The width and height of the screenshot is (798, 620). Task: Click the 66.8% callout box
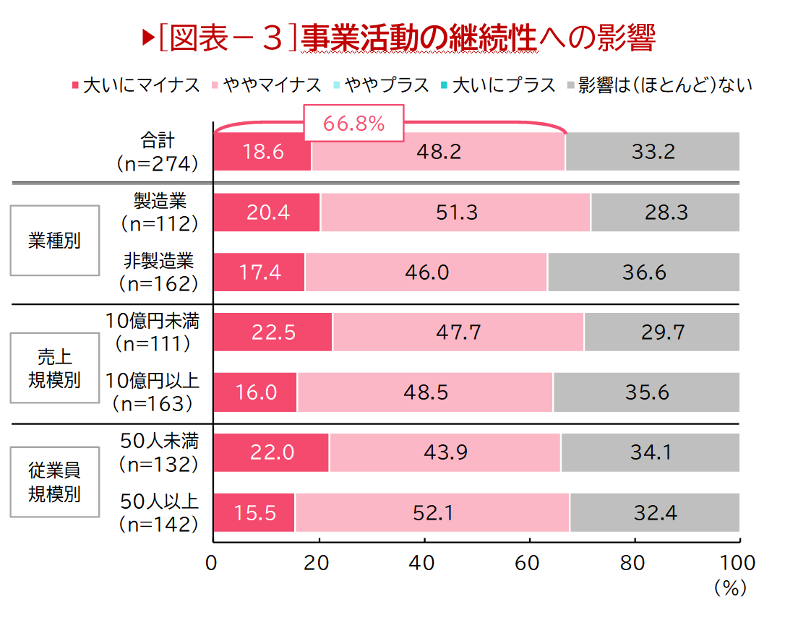[353, 124]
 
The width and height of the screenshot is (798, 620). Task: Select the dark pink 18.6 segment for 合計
[262, 152]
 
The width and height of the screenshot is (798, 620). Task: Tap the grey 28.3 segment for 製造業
[665, 212]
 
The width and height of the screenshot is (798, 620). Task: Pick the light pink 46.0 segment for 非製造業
[426, 272]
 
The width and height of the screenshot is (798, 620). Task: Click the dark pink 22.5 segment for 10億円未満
[273, 332]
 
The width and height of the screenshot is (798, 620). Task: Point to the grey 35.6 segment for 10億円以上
[646, 392]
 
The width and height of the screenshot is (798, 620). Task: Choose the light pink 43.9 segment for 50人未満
[445, 452]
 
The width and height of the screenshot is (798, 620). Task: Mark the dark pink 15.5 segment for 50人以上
[254, 512]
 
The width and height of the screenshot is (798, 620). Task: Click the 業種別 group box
[55, 241]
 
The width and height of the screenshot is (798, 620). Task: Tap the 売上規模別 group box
[55, 368]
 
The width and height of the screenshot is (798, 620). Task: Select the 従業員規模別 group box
[55, 482]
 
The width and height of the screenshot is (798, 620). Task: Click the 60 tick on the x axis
[529, 563]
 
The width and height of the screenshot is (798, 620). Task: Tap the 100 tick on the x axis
[738, 563]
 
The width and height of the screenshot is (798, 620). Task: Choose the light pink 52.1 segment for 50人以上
[432, 512]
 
